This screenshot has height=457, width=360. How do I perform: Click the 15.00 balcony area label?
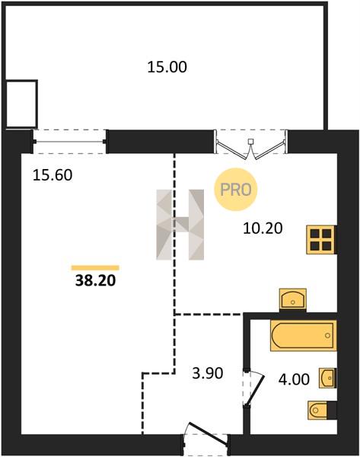[167, 67]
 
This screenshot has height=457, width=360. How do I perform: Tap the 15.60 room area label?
[53, 175]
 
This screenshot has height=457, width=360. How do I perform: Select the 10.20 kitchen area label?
[263, 228]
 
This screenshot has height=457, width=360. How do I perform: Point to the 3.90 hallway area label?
[207, 373]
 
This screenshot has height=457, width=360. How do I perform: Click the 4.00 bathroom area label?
[294, 379]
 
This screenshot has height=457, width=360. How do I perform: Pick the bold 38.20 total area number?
[96, 280]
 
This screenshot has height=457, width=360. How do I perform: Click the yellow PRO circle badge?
[236, 190]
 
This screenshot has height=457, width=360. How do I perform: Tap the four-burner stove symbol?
[321, 240]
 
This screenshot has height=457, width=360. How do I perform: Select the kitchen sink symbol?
[293, 299]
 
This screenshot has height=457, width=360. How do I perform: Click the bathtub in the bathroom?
[304, 335]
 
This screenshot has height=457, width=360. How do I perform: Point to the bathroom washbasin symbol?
[328, 378]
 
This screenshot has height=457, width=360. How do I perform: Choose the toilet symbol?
[322, 411]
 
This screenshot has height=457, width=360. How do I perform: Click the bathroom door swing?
[253, 388]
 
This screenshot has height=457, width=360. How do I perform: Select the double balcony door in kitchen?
[250, 145]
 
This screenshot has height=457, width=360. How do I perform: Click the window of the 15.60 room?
[69, 142]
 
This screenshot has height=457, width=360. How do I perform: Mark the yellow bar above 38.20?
[96, 268]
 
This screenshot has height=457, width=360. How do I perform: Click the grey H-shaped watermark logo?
[180, 225]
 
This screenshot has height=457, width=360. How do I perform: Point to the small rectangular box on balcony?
[22, 104]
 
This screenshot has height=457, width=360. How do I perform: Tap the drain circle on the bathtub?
[328, 335]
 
